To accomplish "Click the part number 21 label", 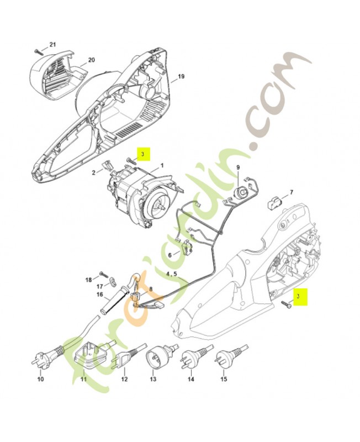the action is click(x=52, y=44).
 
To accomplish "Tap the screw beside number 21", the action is click(x=38, y=50).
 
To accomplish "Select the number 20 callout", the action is click(x=91, y=60).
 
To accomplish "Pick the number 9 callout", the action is click(x=238, y=167).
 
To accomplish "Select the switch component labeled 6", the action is click(x=187, y=249).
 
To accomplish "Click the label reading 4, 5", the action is click(x=172, y=273).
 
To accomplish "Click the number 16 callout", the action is click(x=100, y=294).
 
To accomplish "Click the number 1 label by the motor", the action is click(x=162, y=165).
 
